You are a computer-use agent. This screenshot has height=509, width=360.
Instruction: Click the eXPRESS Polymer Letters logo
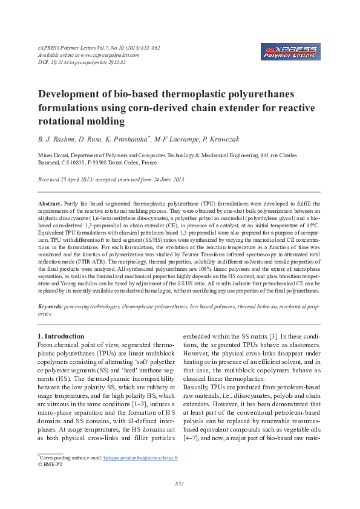(292, 51)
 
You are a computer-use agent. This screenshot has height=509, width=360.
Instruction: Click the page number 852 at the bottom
(180, 484)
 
